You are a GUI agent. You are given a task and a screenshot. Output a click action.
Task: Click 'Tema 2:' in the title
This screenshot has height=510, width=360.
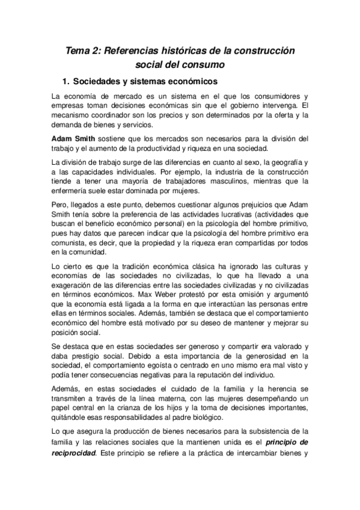(84, 52)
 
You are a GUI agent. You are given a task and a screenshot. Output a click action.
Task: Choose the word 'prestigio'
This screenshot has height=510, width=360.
(88, 357)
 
